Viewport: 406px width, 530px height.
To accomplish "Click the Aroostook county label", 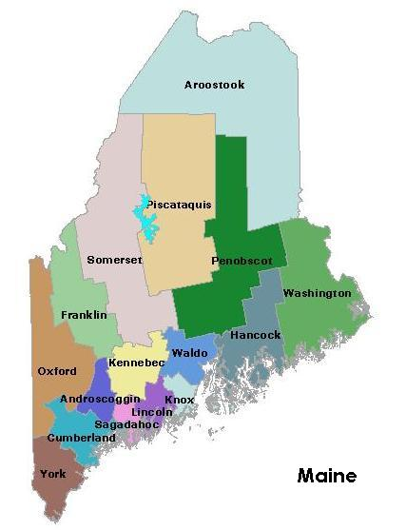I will click(x=214, y=85).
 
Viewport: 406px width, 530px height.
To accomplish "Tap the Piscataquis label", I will click(x=179, y=205).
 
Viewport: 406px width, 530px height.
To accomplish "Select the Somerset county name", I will click(x=114, y=260).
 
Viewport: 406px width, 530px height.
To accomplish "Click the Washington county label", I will click(x=317, y=293).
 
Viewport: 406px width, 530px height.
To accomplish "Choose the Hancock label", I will click(x=256, y=335).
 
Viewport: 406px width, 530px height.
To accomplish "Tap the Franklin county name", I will click(x=84, y=315).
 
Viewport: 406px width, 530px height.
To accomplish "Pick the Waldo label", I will click(x=189, y=353).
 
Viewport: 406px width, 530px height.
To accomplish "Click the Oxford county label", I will click(x=57, y=371).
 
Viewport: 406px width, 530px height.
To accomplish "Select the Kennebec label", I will click(x=137, y=363).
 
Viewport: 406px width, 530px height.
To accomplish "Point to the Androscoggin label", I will click(x=100, y=399).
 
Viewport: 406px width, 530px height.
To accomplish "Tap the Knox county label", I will click(x=180, y=400).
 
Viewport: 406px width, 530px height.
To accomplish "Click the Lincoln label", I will click(x=152, y=412).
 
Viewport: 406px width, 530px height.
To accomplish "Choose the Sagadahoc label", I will click(x=126, y=424).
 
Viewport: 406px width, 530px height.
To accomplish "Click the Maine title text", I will click(x=326, y=475).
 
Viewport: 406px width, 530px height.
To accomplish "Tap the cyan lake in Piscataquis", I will click(x=146, y=221).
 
